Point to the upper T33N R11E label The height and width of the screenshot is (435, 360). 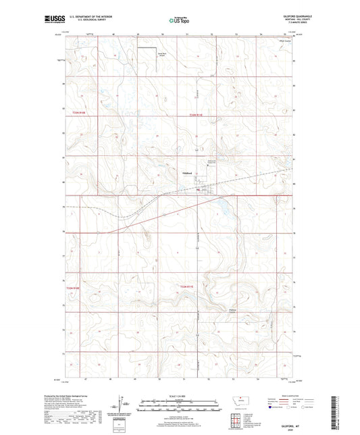196,115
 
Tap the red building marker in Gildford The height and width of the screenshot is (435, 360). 198,190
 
